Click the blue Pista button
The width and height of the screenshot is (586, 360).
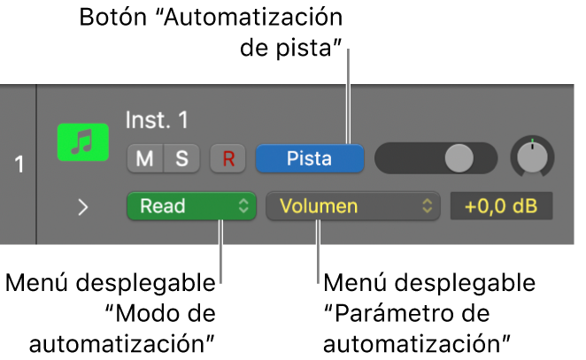(310, 158)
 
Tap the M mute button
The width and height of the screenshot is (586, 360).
(143, 159)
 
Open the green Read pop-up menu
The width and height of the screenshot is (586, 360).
(190, 207)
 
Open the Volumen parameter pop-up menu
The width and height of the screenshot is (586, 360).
(352, 207)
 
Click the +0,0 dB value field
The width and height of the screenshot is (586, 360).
(501, 207)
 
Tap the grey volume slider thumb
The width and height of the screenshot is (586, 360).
(459, 158)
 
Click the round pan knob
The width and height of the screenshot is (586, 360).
(531, 157)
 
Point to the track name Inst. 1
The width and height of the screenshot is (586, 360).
(158, 119)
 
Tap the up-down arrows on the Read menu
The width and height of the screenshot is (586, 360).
(243, 207)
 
